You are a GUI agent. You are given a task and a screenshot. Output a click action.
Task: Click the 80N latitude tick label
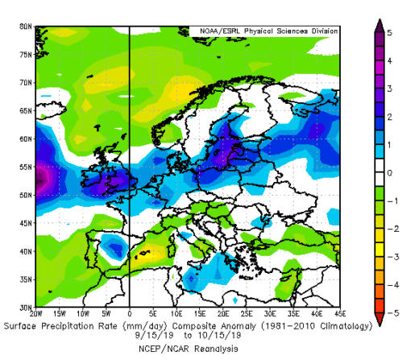[x=25, y=27]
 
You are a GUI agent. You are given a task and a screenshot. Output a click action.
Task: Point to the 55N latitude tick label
[x=25, y=167]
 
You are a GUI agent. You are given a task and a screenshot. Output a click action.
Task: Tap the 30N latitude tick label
[x=25, y=308]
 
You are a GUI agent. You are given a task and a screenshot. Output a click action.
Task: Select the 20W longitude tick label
[x=35, y=314]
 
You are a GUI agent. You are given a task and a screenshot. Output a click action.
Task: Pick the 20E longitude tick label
[x=224, y=314]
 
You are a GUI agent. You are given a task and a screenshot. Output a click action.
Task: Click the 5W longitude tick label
[x=106, y=314]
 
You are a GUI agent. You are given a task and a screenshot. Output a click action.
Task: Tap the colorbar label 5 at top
[x=389, y=33]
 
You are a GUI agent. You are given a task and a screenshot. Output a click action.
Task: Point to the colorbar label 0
[x=389, y=173]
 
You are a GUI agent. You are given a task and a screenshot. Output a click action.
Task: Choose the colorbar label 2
[x=389, y=117]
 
